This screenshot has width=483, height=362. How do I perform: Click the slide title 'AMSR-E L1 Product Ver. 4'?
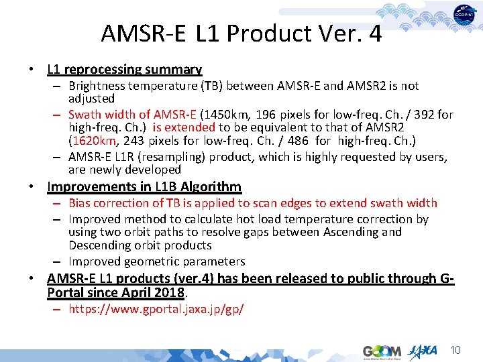(241, 33)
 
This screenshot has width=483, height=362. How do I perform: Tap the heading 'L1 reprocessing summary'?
(124, 69)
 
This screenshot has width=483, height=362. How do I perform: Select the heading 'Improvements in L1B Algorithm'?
(144, 187)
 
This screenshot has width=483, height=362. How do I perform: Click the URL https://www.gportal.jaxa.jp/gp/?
(156, 310)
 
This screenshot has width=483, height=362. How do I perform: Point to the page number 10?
(455, 350)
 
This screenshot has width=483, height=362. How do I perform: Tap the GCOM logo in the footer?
(382, 351)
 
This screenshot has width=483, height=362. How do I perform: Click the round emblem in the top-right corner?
(464, 15)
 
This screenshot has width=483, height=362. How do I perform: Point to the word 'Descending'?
(101, 245)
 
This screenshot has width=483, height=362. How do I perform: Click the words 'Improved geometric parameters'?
(157, 261)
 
